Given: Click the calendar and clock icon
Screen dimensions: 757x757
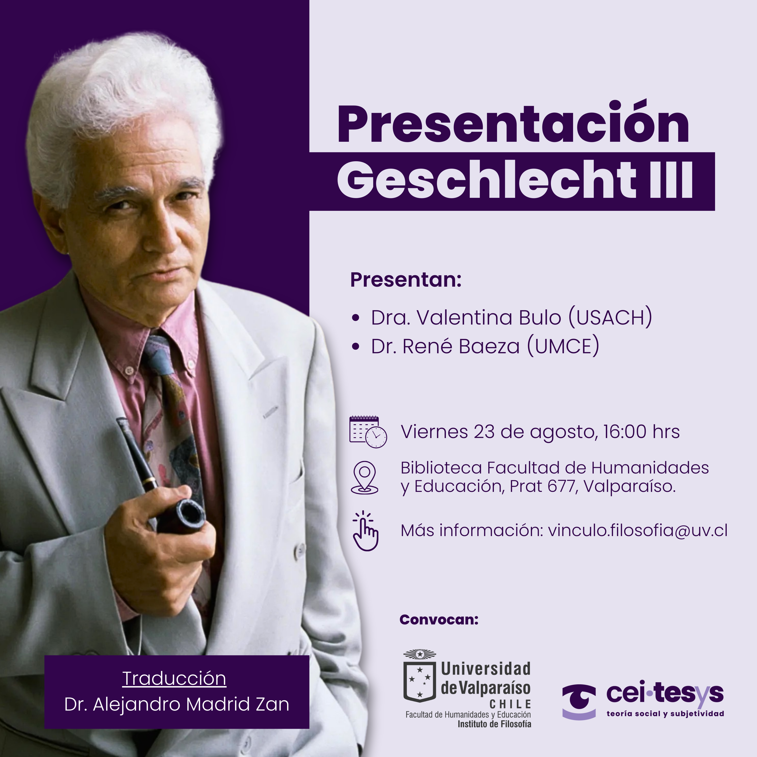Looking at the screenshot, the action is tap(368, 432).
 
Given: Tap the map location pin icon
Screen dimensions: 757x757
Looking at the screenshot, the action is tap(364, 477).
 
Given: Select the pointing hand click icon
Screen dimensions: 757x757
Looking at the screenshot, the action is tap(365, 531).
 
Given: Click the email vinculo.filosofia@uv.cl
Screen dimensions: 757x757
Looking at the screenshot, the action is tap(637, 530).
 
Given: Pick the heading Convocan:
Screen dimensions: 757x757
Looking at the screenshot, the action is tap(439, 620).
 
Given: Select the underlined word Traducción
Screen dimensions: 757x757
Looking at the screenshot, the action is tap(174, 678).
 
